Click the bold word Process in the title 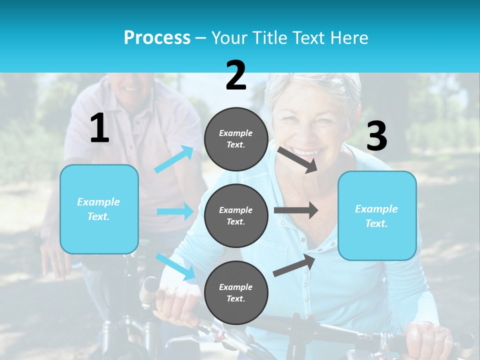click(x=157, y=38)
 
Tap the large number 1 click(x=99, y=128)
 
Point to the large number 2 click(x=236, y=75)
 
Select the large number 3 click(x=376, y=136)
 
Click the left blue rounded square click(x=99, y=209)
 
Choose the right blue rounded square click(x=377, y=215)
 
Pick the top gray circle click(x=236, y=138)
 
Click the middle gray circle click(x=236, y=215)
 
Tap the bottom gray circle click(x=236, y=292)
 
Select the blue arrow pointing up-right click(x=174, y=159)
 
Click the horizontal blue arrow click(x=175, y=211)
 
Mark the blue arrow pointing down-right click(x=175, y=266)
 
